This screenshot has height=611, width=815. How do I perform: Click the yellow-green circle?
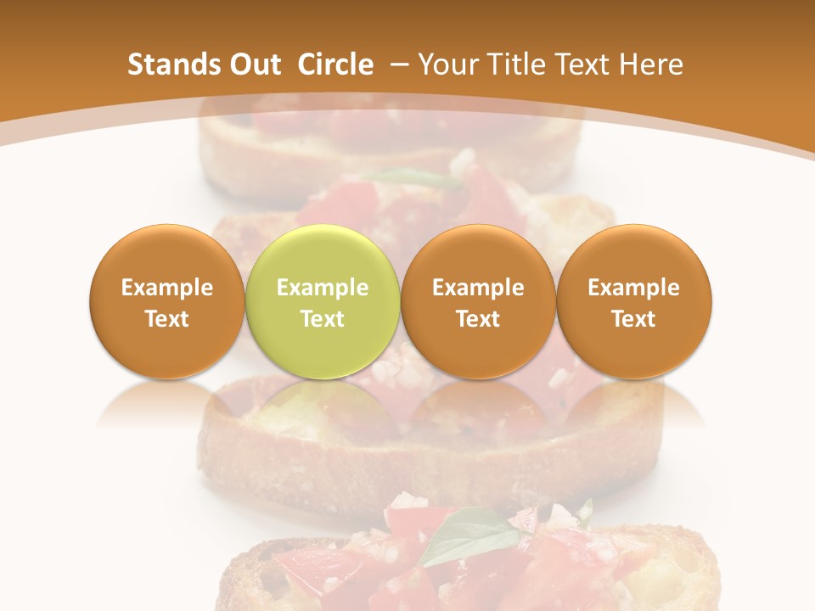322,301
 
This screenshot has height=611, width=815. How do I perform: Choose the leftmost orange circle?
166,301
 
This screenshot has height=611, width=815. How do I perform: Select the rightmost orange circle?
633,301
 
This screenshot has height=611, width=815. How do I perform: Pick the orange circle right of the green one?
478,301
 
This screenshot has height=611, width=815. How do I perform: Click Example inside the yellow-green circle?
322,288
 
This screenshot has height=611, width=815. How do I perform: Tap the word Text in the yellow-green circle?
322,319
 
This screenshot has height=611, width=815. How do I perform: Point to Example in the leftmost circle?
166,288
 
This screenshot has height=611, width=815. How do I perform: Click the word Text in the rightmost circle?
633,319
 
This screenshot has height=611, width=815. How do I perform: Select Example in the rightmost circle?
633,288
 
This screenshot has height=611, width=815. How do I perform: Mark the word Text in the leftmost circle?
166,319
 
